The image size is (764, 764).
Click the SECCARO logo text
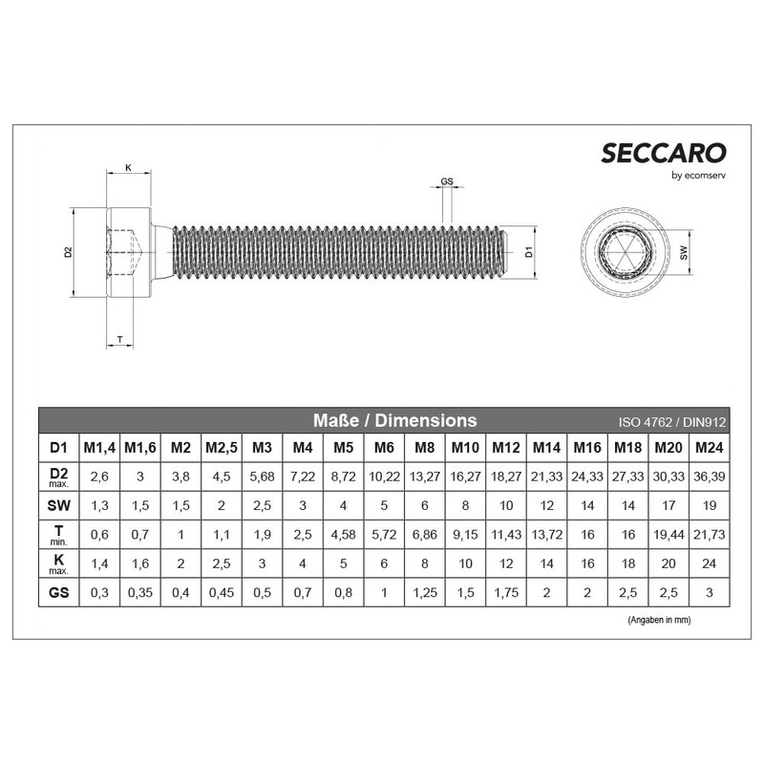tap(663, 153)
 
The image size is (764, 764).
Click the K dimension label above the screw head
tap(128, 168)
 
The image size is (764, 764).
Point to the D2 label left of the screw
tap(68, 252)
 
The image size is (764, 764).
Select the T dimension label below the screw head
tap(118, 339)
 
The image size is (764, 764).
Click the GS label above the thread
tap(447, 181)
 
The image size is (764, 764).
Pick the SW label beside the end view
tap(684, 253)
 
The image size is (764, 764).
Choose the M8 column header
tap(424, 447)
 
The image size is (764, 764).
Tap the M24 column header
tap(708, 447)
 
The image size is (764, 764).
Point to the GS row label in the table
tap(57, 592)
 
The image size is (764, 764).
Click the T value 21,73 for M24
tap(708, 535)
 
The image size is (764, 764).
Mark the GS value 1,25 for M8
tap(424, 592)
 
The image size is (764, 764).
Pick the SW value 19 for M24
tap(708, 504)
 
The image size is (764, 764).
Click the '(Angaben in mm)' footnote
tap(659, 620)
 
